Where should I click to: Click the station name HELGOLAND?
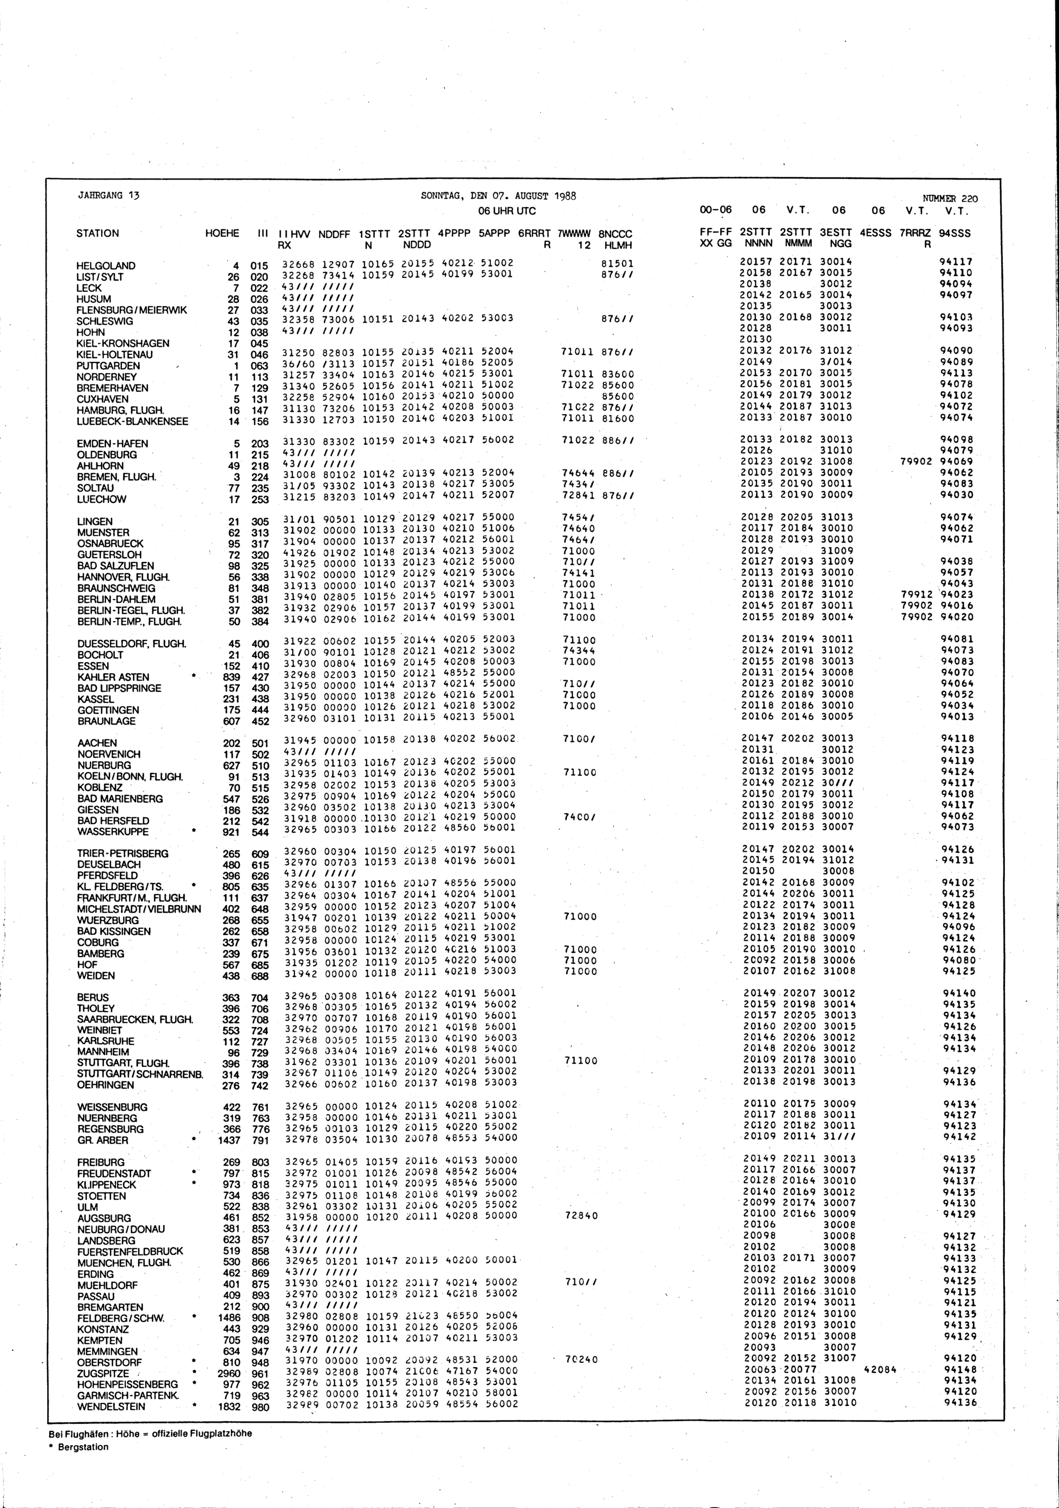click(106, 266)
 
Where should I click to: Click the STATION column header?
click(98, 233)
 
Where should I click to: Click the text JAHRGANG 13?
click(109, 195)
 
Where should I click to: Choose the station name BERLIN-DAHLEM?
click(116, 600)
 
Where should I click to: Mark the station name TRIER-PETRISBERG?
click(123, 854)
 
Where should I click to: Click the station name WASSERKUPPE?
click(112, 832)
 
